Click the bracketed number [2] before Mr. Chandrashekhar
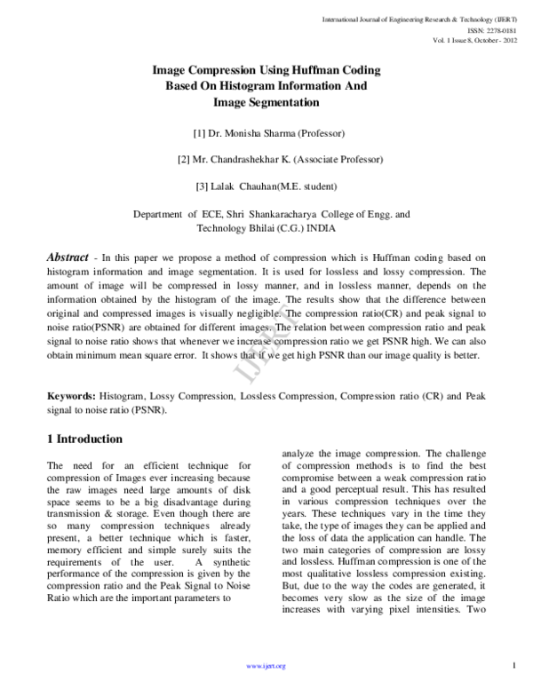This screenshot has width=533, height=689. (184, 160)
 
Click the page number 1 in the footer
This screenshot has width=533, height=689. (514, 666)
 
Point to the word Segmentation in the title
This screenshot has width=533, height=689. (284, 103)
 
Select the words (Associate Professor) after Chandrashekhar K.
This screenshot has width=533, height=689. (340, 160)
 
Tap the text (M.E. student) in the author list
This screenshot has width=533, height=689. (310, 186)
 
